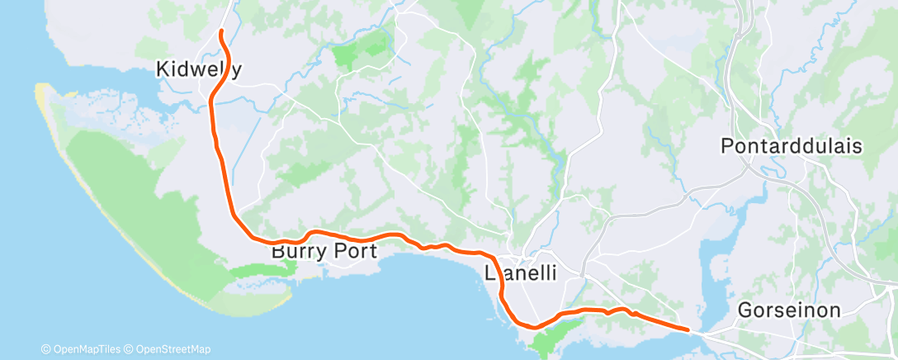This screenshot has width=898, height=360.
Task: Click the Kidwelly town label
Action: pyautogui.click(x=198, y=70)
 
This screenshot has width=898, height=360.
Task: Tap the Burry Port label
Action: pyautogui.click(x=324, y=250)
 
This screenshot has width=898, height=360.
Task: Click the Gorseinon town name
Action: pyautogui.click(x=789, y=310)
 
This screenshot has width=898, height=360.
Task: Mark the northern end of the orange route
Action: pyautogui.click(x=220, y=31)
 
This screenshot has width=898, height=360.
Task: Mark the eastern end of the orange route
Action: pyautogui.click(x=688, y=329)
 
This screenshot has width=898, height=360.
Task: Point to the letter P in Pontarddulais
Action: pyautogui.click(x=727, y=146)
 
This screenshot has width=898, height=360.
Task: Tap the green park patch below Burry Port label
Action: pyautogui.click(x=260, y=270)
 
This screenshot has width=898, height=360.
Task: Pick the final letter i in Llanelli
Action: pyautogui.click(x=555, y=272)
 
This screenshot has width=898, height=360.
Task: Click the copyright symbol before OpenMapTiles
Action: pyautogui.click(x=46, y=348)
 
